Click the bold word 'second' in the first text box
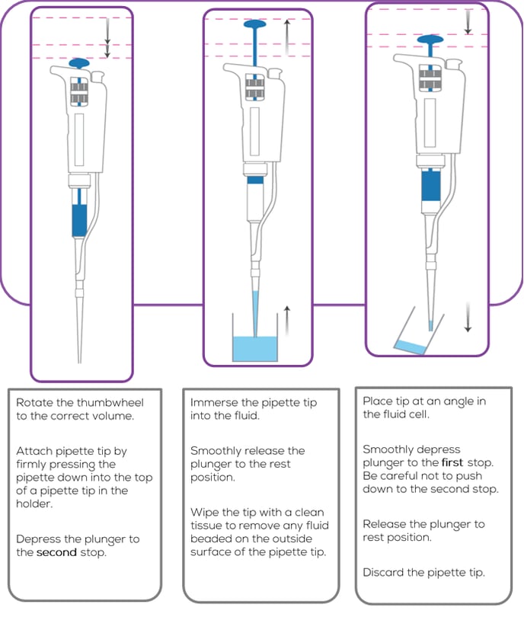point(57,552)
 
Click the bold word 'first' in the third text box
point(454,462)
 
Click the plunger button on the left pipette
point(79,62)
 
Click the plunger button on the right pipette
point(430,39)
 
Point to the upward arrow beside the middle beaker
point(286,320)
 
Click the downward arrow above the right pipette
point(468,21)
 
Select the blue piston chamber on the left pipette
point(79,221)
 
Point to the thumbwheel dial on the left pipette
point(79,91)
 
